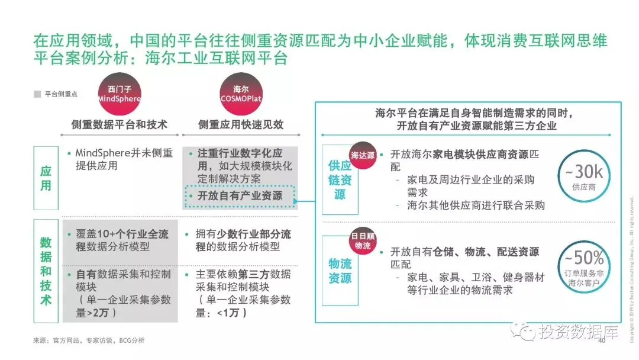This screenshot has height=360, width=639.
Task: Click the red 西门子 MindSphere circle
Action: [120, 94]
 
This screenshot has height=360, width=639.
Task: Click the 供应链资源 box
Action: [340, 179]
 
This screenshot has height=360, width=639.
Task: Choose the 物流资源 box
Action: [340, 270]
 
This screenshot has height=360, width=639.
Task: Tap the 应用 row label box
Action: [46, 178]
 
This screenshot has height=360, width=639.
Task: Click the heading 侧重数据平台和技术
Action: [120, 125]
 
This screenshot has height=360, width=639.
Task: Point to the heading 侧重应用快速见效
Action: [241, 125]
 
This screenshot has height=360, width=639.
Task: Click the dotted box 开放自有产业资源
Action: [240, 196]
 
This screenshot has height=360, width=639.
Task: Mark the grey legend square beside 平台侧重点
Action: [37, 94]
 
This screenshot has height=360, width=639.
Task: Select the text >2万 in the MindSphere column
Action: [102, 313]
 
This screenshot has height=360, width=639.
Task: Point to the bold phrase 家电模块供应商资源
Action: [480, 154]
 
